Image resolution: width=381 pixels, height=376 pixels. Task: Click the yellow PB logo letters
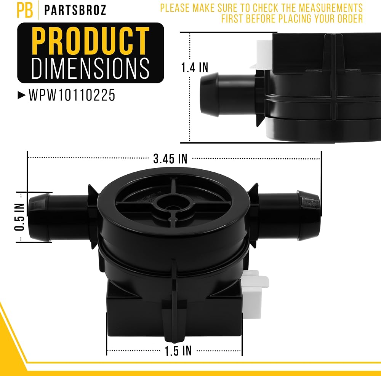point(24,10)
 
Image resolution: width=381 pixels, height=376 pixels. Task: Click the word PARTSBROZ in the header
point(75,10)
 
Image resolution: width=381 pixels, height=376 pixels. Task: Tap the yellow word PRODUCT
point(90,41)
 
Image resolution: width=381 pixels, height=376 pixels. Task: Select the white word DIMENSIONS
point(90,69)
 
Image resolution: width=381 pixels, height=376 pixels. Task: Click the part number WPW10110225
point(72,95)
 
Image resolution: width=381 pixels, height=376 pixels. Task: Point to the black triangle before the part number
point(22,95)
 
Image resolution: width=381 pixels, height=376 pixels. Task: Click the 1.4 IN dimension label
point(195,67)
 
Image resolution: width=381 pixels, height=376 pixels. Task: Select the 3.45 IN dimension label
point(170,159)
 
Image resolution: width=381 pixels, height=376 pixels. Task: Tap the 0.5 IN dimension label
point(19,217)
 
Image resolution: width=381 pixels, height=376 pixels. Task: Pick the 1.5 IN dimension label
point(178,351)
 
